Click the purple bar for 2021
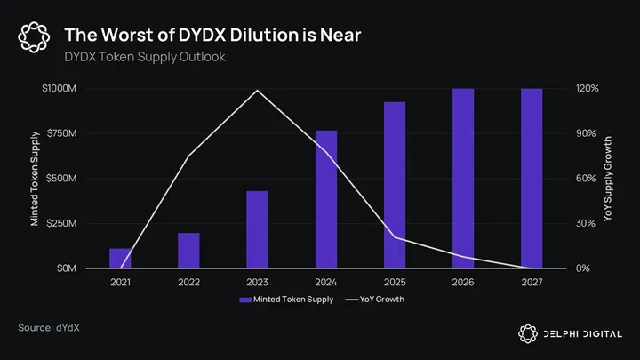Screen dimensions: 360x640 pyautogui.click(x=120, y=259)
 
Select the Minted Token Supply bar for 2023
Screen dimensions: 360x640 pyautogui.click(x=257, y=229)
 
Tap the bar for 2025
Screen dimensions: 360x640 pyautogui.click(x=395, y=185)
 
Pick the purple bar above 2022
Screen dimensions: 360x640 pyautogui.click(x=188, y=251)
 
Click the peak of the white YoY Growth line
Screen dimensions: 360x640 pyautogui.click(x=258, y=90)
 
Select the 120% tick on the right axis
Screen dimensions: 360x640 pyautogui.click(x=563, y=89)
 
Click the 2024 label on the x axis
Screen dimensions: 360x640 pyautogui.click(x=326, y=282)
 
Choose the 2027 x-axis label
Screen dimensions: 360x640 pyautogui.click(x=532, y=282)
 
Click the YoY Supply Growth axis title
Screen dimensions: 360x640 pyautogui.click(x=609, y=179)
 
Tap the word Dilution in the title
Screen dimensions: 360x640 pyautogui.click(x=268, y=35)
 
